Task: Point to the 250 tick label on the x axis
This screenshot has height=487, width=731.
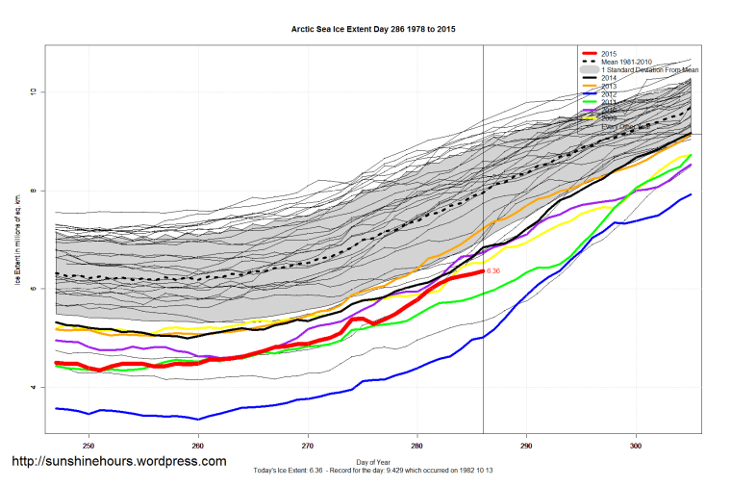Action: coord(88,446)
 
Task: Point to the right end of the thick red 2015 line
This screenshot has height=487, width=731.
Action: coord(482,271)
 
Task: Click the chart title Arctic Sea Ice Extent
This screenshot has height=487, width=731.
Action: coord(373,30)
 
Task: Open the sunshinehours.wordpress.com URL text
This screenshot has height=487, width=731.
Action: coord(119,461)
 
